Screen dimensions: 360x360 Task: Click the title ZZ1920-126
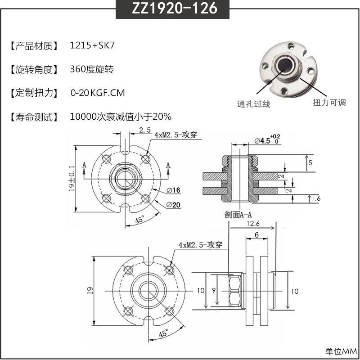pyautogui.click(x=180, y=9)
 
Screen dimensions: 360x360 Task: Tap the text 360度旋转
pyautogui.click(x=92, y=69)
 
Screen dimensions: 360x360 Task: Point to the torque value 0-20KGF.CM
pyautogui.click(x=98, y=93)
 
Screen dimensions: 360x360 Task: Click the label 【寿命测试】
pyautogui.click(x=34, y=117)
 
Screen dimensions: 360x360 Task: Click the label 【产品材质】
pyautogui.click(x=34, y=45)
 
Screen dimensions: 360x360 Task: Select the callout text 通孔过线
pyautogui.click(x=253, y=104)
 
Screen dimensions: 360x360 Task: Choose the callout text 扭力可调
pyautogui.click(x=329, y=103)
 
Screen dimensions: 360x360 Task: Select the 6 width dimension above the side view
pyautogui.click(x=256, y=235)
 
